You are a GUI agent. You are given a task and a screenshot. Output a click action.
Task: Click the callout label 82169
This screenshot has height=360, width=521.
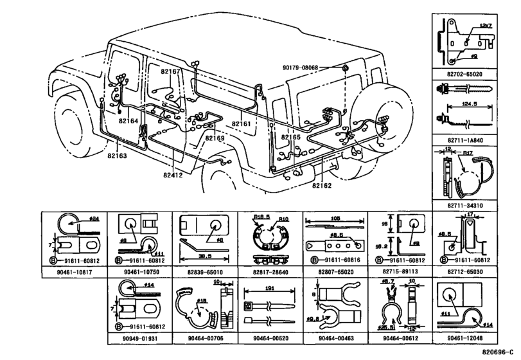click(x=215, y=138)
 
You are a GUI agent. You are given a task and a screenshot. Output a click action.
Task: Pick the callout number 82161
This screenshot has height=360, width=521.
click(x=242, y=123)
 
